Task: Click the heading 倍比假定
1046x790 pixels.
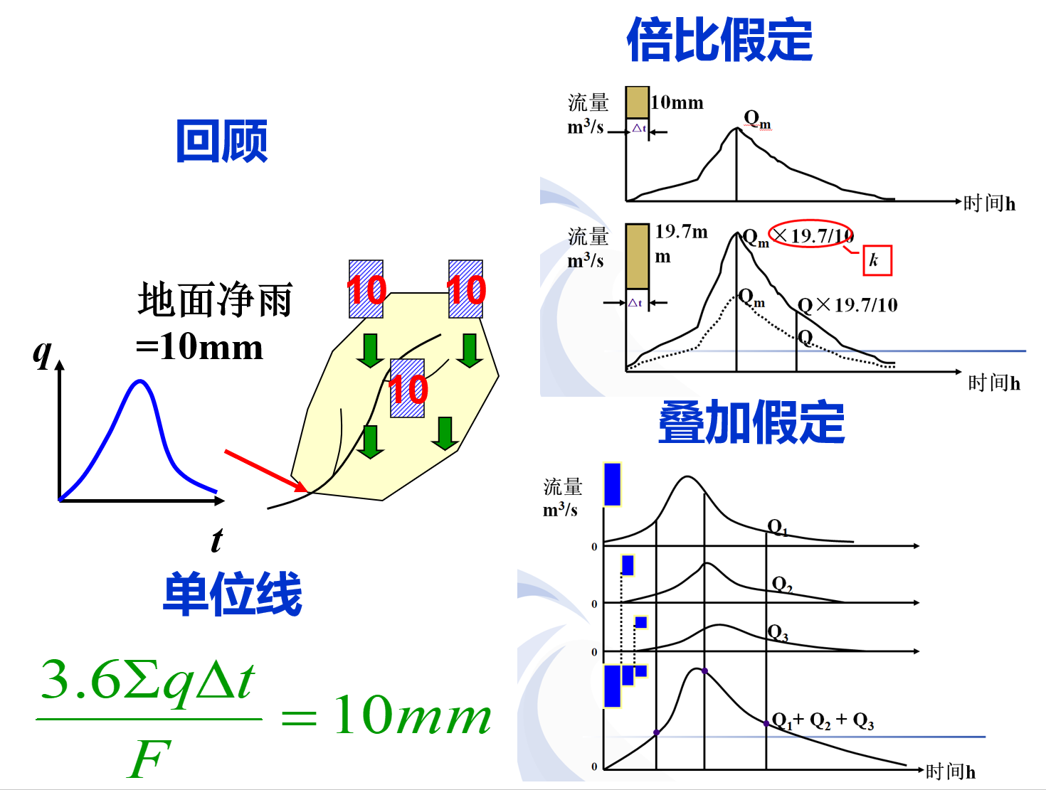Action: tap(719, 41)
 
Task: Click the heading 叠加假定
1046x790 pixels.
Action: tap(751, 422)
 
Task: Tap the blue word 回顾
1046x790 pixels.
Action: tap(221, 141)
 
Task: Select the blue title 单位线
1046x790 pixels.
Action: tap(233, 594)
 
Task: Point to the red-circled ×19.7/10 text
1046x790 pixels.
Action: tap(812, 234)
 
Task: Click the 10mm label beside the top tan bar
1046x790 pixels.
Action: tap(677, 103)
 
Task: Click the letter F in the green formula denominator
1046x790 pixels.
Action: tap(149, 759)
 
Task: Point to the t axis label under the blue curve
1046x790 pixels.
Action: tap(216, 540)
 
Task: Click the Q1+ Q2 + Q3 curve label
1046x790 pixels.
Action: tap(823, 721)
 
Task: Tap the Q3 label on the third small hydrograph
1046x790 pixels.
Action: tap(778, 632)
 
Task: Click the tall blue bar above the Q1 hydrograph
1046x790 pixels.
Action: tap(612, 484)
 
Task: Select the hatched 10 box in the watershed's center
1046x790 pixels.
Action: tap(408, 388)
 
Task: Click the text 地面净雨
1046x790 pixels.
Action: tap(215, 299)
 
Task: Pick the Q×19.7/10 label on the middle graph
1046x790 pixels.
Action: tap(847, 306)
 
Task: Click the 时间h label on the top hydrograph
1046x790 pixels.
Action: tap(989, 203)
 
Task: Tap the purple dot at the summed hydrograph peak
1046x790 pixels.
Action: tap(704, 671)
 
